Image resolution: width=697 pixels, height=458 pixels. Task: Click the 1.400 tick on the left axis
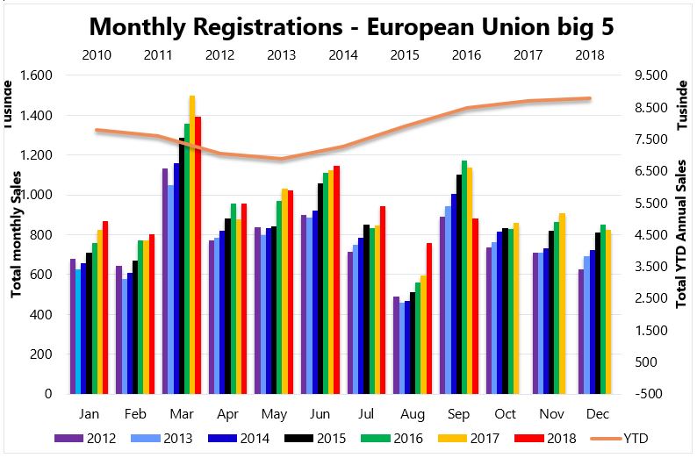35,115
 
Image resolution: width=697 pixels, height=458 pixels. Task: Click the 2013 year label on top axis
281,54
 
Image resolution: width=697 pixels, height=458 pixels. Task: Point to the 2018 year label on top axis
589,54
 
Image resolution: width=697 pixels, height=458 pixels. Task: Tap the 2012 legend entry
93,437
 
